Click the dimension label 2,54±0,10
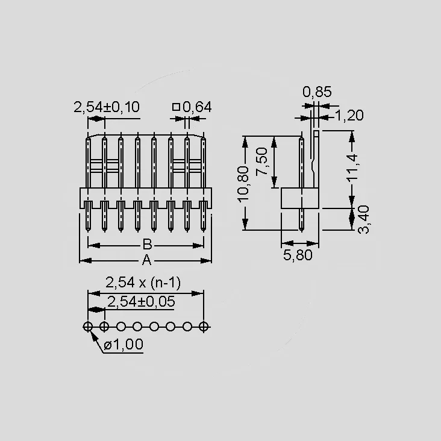click(106, 107)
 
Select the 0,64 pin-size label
click(197, 107)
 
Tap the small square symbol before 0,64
click(176, 107)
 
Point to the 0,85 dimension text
click(317, 92)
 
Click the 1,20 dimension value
click(349, 116)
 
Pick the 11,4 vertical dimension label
click(352, 167)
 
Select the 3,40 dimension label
click(364, 219)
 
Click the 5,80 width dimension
click(298, 255)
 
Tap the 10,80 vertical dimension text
click(243, 184)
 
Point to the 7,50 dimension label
click(262, 161)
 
